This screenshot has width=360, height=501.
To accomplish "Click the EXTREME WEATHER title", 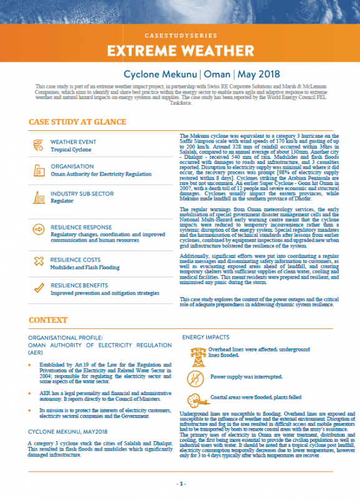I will point(179,50).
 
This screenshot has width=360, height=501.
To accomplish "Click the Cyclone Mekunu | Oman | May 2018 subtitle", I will point(179,74).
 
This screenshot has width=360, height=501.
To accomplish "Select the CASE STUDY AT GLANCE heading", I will point(78,122).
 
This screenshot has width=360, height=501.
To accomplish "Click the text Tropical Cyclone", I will point(71,150).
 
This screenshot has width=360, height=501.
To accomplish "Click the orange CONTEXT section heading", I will point(48,320).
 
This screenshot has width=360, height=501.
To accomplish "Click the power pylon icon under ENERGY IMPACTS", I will point(196,354).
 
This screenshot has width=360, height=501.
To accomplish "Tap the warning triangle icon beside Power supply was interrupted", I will point(196,376).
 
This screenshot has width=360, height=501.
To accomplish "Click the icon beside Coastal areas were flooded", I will point(196,399).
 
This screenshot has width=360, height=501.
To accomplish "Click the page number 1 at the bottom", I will point(180,484).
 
